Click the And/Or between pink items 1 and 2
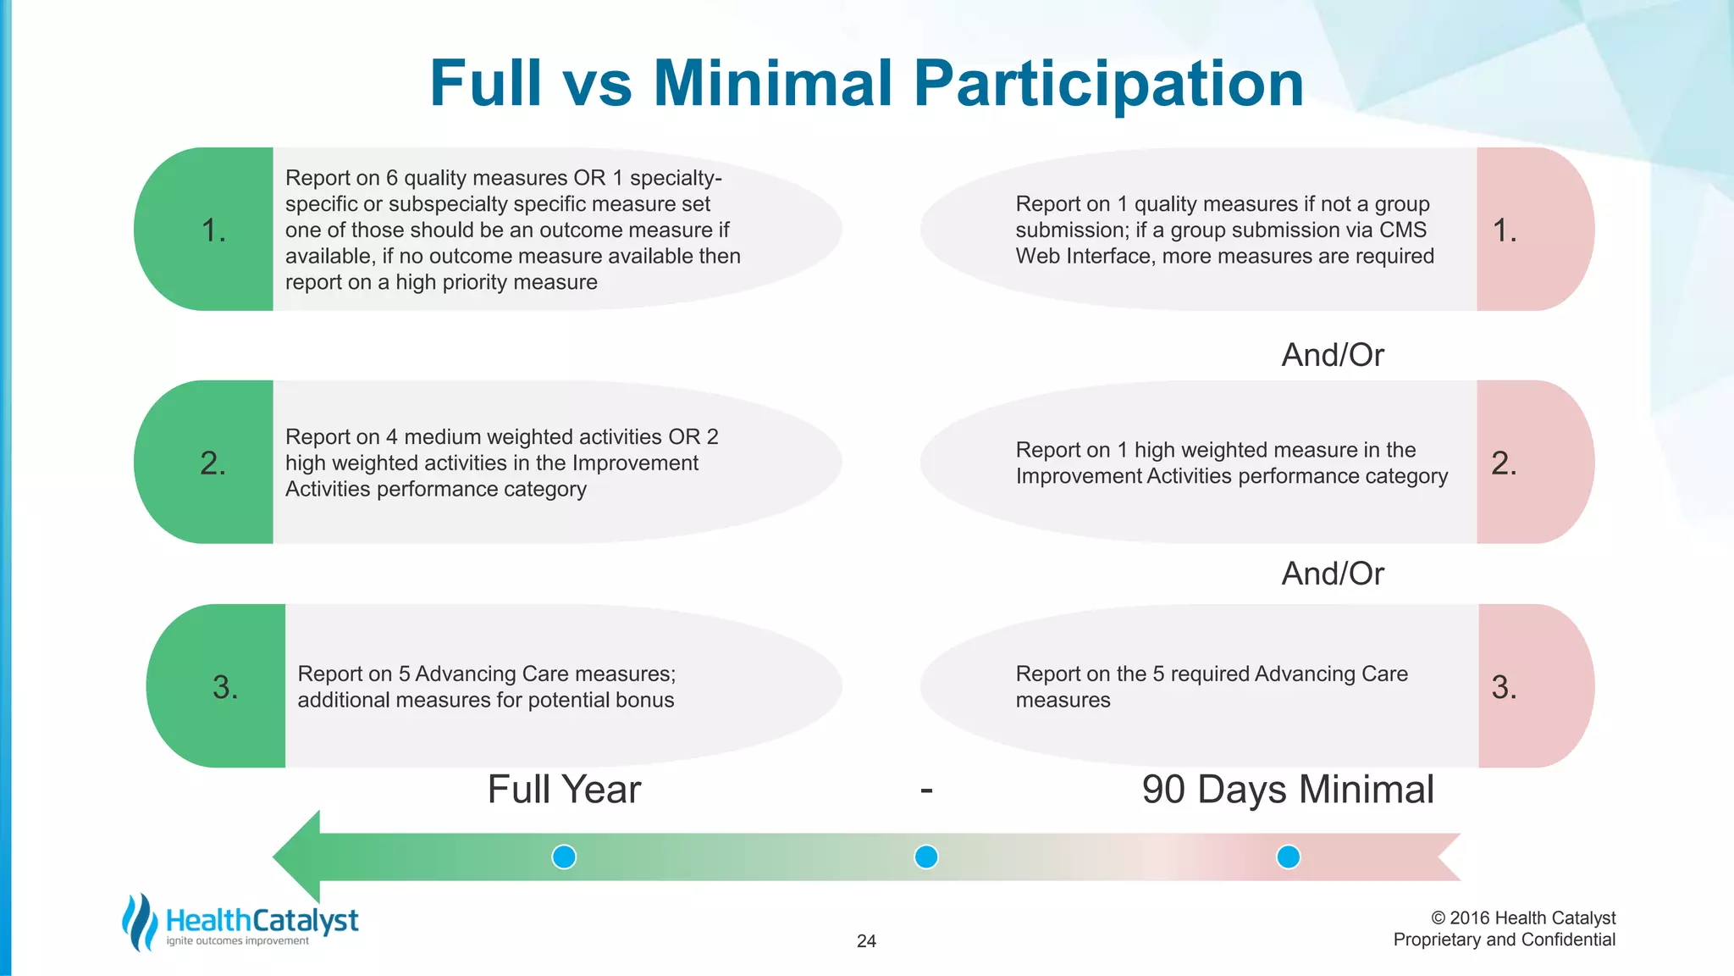pyautogui.click(x=1333, y=355)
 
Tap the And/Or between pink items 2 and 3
pyautogui.click(x=1333, y=574)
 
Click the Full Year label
pyautogui.click(x=564, y=790)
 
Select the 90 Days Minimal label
pyautogui.click(x=1287, y=790)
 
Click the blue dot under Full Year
pyautogui.click(x=564, y=857)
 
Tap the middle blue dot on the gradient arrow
pyautogui.click(x=926, y=857)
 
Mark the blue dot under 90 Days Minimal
pyautogui.click(x=1288, y=857)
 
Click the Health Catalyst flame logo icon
pyautogui.click(x=140, y=922)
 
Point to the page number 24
pyautogui.click(x=866, y=940)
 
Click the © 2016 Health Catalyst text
pyautogui.click(x=1522, y=918)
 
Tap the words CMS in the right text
pyautogui.click(x=1403, y=230)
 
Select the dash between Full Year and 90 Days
pyautogui.click(x=926, y=790)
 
